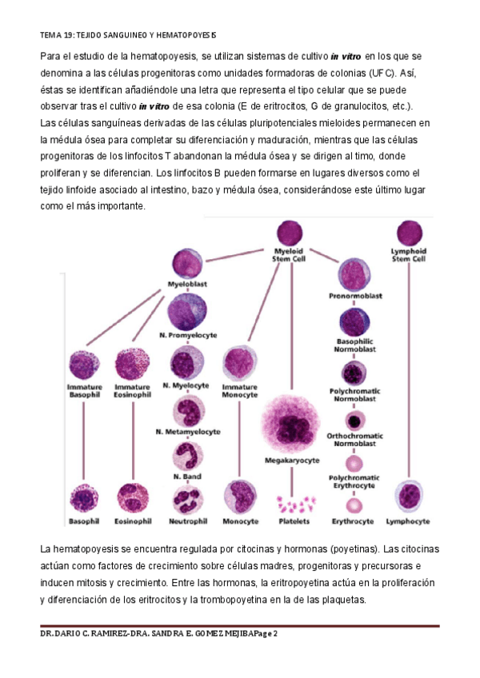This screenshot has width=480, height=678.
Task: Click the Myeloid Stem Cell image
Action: [x=290, y=233]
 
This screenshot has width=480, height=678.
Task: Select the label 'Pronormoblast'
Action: [x=355, y=296]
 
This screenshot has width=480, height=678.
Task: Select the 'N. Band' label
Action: [x=186, y=477]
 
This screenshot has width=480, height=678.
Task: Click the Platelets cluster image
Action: [x=294, y=504]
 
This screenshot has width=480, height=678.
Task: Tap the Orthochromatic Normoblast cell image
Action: [x=354, y=420]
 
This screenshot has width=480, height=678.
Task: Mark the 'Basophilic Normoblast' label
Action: [x=355, y=345]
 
